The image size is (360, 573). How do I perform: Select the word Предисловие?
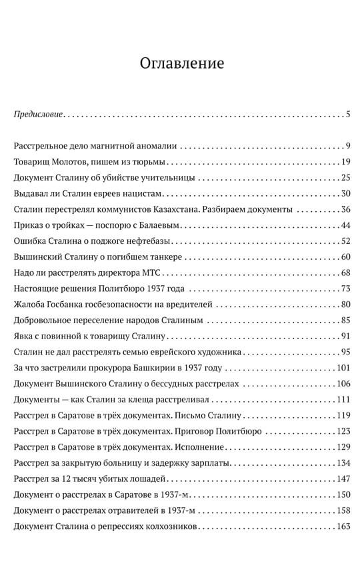click(x=39, y=114)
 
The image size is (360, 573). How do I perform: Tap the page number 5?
click(x=348, y=114)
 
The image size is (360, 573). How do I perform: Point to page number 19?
click(x=345, y=162)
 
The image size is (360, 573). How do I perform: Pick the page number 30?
click(x=345, y=194)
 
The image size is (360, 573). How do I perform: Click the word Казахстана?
click(x=170, y=210)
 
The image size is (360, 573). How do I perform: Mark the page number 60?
click(x=345, y=258)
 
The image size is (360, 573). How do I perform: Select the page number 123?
click(x=343, y=431)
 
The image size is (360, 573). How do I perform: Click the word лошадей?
click(x=148, y=479)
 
